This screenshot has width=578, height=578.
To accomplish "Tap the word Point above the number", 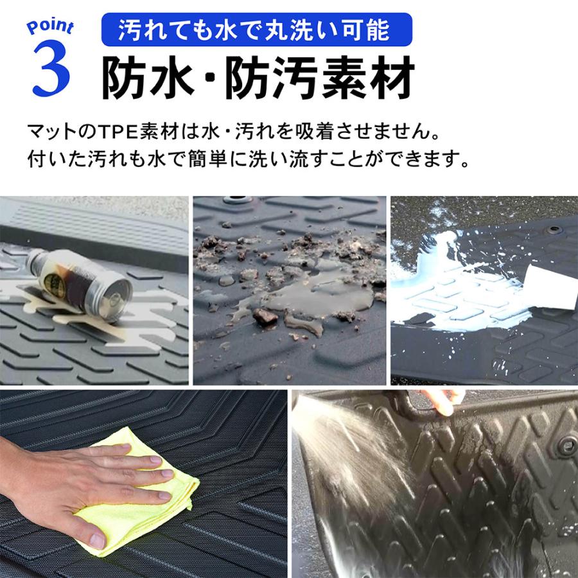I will [x=51, y=27].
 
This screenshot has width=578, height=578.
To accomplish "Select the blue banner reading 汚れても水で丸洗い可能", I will [x=256, y=30].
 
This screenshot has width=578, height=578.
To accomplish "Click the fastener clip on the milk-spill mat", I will [x=552, y=229].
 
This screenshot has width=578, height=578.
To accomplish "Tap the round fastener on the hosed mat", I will [x=566, y=446].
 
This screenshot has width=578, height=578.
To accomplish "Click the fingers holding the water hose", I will [x=443, y=399].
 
